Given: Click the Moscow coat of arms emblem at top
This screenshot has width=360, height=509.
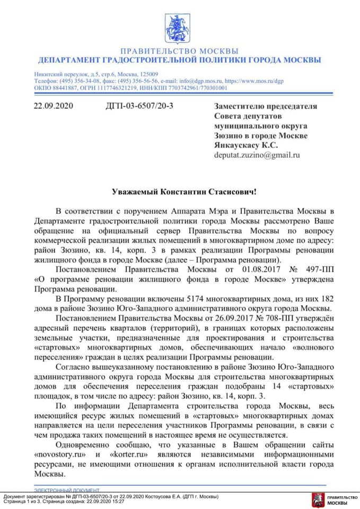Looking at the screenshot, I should click(x=180, y=28).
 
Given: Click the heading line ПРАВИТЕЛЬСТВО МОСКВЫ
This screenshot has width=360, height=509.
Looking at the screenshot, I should click(x=180, y=51).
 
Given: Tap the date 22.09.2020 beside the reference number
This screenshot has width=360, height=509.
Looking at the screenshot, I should click(x=53, y=106).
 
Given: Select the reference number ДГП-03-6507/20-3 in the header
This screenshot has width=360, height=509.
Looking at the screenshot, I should click(x=140, y=106).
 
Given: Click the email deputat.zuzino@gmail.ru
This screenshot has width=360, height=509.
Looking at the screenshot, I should click(x=257, y=155).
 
